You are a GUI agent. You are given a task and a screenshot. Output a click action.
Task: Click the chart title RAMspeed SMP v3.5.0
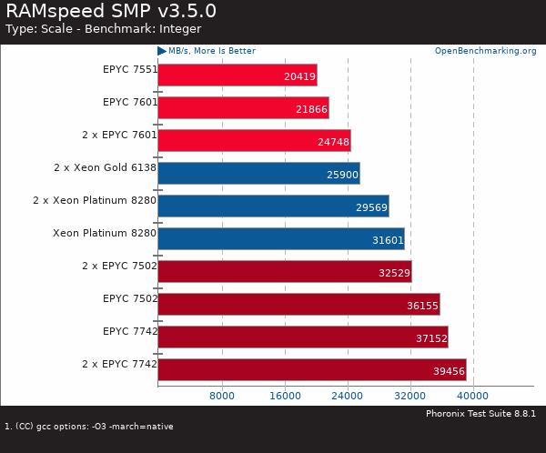108,11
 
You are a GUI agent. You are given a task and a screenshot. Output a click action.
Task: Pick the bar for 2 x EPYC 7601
254,140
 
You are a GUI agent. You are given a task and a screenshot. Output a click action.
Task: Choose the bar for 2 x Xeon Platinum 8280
273,206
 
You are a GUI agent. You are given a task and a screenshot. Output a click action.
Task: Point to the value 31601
387,240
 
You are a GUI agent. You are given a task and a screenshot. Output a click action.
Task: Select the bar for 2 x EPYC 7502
284,271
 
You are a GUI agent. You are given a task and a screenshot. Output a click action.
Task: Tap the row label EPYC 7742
129,331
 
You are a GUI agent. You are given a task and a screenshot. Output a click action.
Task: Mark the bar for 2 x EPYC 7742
311,369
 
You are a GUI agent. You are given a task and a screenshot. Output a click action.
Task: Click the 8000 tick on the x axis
222,396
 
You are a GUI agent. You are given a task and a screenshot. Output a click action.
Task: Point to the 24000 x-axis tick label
347,396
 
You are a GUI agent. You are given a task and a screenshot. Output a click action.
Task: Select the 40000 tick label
472,396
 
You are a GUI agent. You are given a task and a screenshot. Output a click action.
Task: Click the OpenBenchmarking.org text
485,51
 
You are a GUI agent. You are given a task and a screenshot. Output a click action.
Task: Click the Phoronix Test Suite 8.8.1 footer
480,414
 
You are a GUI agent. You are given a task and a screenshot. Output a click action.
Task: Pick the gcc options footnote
89,426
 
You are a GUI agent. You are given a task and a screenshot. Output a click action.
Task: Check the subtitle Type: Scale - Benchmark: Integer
103,29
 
